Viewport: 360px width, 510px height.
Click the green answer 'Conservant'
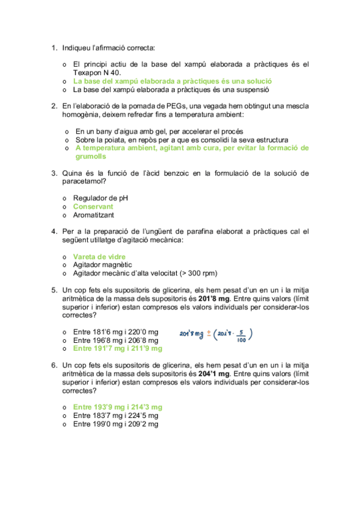point(93,206)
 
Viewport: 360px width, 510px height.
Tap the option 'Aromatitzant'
point(93,215)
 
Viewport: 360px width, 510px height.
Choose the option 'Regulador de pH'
point(100,198)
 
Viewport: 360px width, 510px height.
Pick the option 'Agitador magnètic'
point(102,265)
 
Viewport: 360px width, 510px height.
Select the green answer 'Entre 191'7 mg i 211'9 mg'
point(117,348)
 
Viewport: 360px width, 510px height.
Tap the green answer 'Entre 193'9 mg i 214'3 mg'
point(117,407)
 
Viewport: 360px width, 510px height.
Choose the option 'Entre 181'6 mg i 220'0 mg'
point(115,332)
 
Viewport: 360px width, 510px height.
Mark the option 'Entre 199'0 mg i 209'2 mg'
point(115,424)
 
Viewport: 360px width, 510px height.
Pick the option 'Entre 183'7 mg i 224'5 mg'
point(115,416)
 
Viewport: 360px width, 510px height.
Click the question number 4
point(53,232)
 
